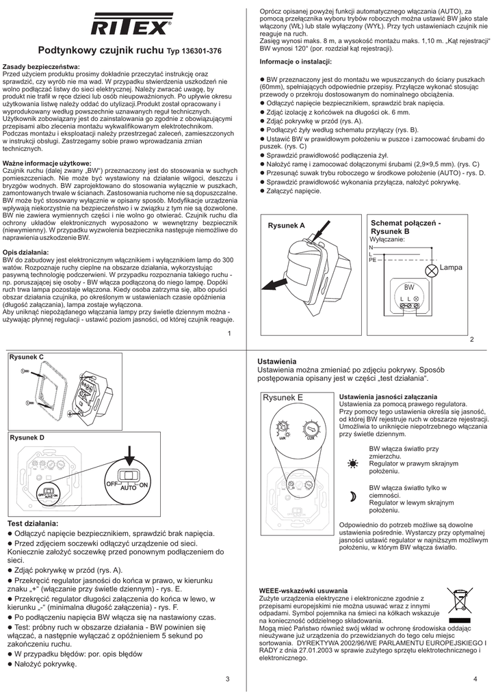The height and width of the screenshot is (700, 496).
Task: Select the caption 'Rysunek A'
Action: [x=286, y=225]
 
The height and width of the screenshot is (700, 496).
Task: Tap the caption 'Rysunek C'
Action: [x=27, y=358]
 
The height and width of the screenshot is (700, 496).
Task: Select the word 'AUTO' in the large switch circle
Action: [x=129, y=488]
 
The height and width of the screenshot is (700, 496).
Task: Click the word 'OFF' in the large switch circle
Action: [x=112, y=483]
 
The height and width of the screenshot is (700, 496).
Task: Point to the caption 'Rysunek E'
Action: [x=283, y=398]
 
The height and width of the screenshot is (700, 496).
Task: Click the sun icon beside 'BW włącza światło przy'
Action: [x=352, y=463]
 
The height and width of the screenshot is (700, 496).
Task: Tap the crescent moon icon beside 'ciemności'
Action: [x=352, y=496]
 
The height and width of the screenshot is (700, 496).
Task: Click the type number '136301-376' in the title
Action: [x=202, y=51]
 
